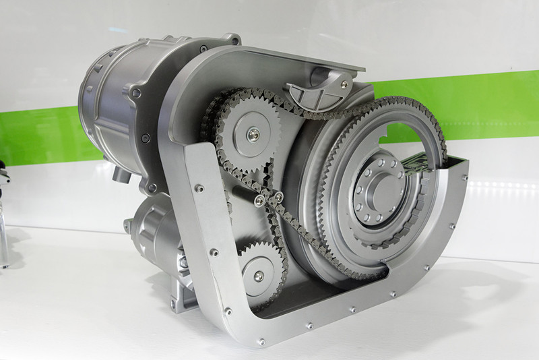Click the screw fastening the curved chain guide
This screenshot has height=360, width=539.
(x=344, y=84)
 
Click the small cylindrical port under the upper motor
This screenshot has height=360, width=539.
(x=122, y=175)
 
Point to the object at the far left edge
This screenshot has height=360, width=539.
(x=4, y=216)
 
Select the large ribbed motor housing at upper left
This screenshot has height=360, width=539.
(x=115, y=101)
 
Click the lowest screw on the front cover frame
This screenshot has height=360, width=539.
(x=260, y=342)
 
